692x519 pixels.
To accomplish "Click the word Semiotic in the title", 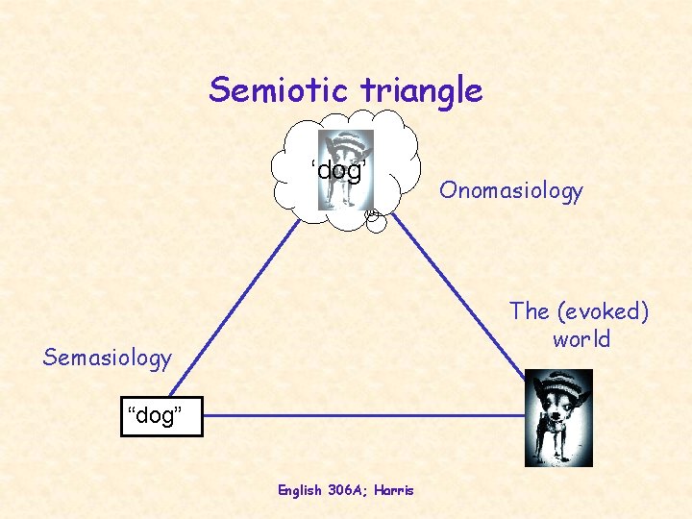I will pos(278,90).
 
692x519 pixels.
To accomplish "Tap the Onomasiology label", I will pos(511,190).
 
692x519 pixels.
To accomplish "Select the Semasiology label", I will pos(108,358).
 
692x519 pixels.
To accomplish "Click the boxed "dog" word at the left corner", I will pos(161,416).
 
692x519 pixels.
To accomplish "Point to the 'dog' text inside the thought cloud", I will pos(338,170).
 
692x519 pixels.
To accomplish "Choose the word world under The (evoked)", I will pos(581,340).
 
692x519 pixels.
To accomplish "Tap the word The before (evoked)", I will pos(530,311).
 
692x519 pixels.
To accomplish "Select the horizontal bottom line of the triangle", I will pos(365,416).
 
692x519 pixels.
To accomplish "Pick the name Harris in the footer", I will pos(394,490).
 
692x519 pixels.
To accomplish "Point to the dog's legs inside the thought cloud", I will pos(345,195).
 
